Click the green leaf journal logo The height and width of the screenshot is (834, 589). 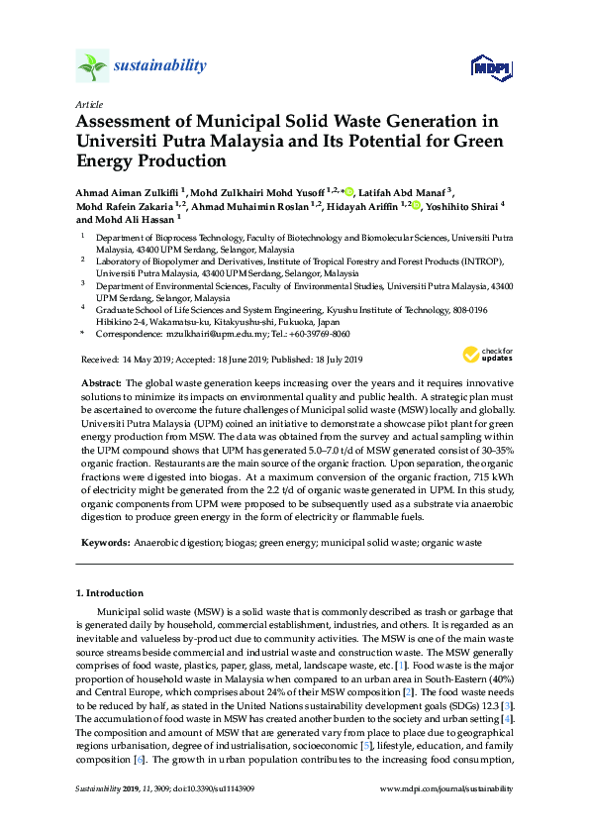coord(92,67)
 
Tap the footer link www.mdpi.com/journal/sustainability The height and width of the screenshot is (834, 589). coord(446,815)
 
